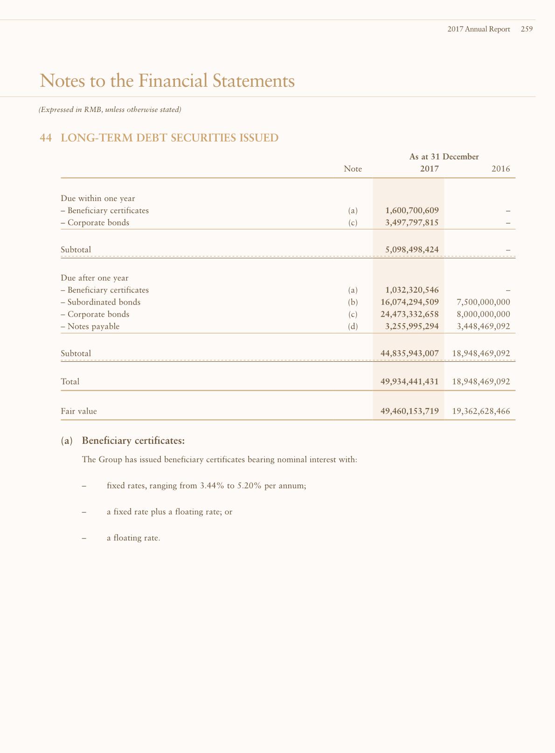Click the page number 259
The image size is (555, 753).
[x=527, y=29]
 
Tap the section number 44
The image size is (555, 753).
[x=46, y=138]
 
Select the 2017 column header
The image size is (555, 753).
[x=429, y=169]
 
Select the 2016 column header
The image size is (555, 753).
[x=500, y=169]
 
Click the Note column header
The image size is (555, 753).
[x=353, y=169]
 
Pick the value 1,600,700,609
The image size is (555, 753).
[x=412, y=211]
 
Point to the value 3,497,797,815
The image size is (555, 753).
[x=412, y=223]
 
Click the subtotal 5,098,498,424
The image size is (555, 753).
[x=412, y=250]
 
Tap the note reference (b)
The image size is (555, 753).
[x=353, y=302]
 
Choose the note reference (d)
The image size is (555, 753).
[x=353, y=326]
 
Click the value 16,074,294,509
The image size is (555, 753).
[x=409, y=302]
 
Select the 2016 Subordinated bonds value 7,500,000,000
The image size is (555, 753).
[x=483, y=302]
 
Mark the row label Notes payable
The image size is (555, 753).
[x=93, y=326]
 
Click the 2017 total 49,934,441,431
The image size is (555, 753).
[x=409, y=381]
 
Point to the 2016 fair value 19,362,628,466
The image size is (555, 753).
[x=481, y=411]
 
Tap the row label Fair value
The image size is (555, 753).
[x=79, y=411]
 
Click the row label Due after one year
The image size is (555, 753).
[x=95, y=278]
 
